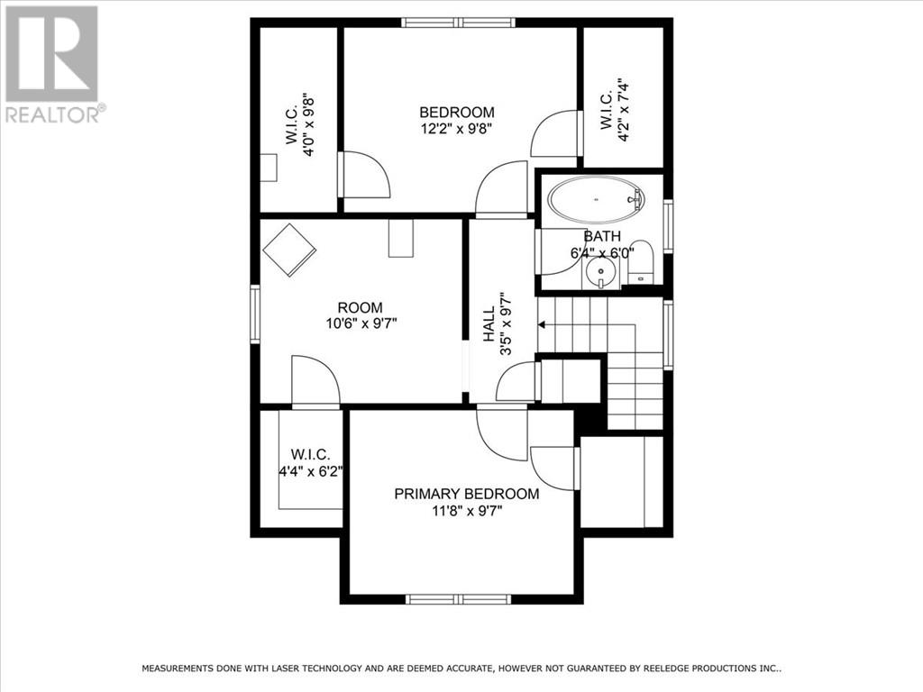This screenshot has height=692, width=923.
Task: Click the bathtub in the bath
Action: tap(596, 199)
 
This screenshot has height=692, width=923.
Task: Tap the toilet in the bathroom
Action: tap(640, 260)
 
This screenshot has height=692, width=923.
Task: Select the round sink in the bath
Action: tap(598, 272)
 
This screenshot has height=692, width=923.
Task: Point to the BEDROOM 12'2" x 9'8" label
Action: tap(457, 120)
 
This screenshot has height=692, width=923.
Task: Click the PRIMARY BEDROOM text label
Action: tap(467, 494)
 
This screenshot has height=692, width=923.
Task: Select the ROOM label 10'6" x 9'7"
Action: tap(360, 314)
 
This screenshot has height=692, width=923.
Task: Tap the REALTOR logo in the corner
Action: tap(53, 63)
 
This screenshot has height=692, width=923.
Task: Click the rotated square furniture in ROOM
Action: tap(289, 249)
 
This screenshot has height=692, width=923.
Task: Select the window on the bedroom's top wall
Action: tap(457, 23)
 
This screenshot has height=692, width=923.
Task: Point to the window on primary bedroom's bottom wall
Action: tap(458, 599)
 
